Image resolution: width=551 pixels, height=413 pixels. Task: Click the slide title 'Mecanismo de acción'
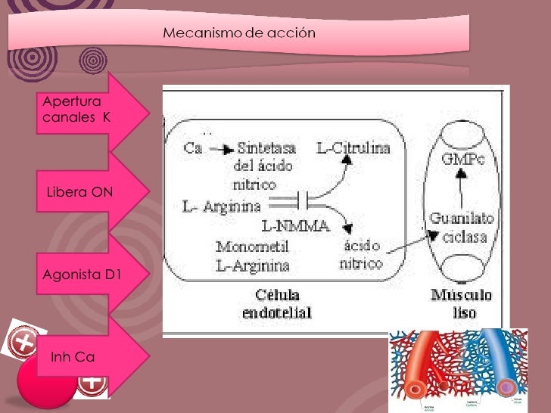tap(239, 33)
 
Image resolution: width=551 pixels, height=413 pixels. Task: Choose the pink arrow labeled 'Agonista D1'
tap(83, 275)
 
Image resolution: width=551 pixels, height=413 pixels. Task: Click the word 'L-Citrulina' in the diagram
tap(353, 149)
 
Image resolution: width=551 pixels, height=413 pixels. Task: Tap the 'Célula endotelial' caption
tap(276, 303)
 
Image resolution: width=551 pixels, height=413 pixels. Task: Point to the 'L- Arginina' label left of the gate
tap(222, 205)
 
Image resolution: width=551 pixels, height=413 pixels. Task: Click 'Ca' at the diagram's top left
tap(194, 149)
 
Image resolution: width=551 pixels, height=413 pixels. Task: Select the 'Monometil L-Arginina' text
tap(253, 256)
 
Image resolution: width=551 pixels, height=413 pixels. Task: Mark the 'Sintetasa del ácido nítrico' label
tap(266, 166)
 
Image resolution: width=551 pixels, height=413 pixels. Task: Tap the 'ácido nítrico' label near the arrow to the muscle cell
tap(362, 255)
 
